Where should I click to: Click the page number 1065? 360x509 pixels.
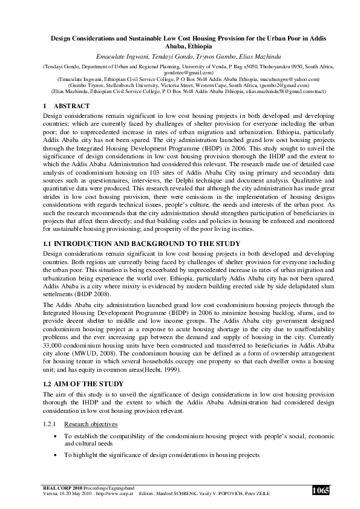pos(321,490)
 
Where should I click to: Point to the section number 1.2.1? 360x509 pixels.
pos(49,424)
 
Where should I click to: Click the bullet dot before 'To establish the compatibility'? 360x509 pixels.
pos(56,435)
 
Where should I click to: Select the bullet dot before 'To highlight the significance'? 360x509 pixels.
pos(56,454)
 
